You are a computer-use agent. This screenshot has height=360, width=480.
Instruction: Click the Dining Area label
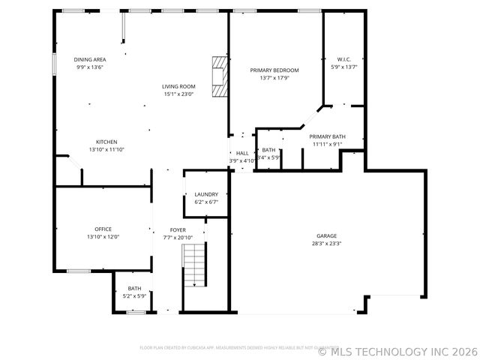(x=89, y=59)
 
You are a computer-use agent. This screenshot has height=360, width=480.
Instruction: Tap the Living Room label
(x=178, y=86)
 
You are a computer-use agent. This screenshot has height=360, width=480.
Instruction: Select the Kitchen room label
(x=106, y=142)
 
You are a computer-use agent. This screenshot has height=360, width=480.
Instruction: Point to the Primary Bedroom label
(x=274, y=70)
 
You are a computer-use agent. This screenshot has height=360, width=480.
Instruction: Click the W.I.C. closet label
(x=344, y=59)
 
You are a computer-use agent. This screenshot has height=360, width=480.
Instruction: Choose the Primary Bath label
(x=328, y=136)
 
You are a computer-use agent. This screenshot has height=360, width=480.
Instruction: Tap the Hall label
(x=242, y=153)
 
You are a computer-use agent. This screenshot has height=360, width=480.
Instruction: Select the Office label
(x=103, y=229)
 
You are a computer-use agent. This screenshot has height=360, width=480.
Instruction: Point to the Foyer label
(x=178, y=230)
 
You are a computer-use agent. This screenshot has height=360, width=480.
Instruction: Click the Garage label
(x=326, y=235)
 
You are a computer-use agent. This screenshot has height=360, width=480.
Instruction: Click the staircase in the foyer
(x=195, y=266)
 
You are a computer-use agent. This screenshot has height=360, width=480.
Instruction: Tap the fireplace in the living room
(x=218, y=76)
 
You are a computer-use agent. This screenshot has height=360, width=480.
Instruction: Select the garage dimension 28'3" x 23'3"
(x=326, y=244)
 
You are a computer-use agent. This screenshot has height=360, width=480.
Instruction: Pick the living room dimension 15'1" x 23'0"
(x=178, y=94)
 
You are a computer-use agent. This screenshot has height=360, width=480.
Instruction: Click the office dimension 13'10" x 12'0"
(x=103, y=237)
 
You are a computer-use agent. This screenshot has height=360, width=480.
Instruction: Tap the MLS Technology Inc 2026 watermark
(x=397, y=351)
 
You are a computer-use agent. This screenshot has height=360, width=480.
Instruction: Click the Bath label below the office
(x=134, y=288)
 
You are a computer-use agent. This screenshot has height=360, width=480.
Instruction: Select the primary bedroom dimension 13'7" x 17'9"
(x=274, y=78)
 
